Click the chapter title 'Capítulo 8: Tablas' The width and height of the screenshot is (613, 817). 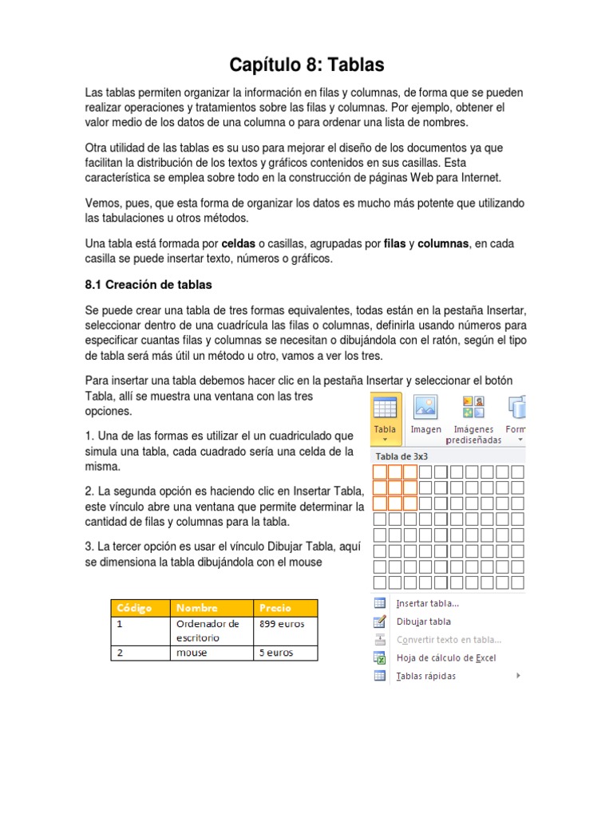click(306, 65)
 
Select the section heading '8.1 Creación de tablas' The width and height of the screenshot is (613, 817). click(148, 284)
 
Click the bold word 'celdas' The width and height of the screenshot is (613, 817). click(238, 243)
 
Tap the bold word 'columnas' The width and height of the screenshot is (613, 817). click(443, 243)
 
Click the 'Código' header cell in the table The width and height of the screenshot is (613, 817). click(134, 607)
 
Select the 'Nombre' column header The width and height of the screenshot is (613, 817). click(197, 607)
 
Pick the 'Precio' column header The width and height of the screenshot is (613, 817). click(275, 607)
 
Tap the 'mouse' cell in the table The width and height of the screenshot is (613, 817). click(192, 653)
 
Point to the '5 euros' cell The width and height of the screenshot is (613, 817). click(276, 653)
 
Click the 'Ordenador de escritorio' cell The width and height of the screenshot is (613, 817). click(208, 630)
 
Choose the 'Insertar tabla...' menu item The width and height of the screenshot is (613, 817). click(427, 603)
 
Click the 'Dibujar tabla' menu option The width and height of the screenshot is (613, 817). click(423, 622)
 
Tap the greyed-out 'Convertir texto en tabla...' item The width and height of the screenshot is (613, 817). click(449, 640)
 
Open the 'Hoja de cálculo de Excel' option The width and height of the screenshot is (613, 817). click(445, 658)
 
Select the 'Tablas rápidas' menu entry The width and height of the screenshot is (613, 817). click(426, 677)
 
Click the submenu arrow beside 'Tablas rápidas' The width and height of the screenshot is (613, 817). click(518, 676)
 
